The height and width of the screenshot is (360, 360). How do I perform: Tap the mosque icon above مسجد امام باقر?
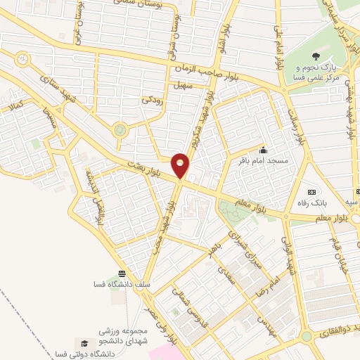[263, 149]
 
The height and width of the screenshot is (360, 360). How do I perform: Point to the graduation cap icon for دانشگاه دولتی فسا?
[84, 343]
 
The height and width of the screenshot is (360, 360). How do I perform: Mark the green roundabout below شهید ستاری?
[120, 129]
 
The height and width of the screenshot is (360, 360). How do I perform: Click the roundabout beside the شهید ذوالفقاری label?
[307, 337]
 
